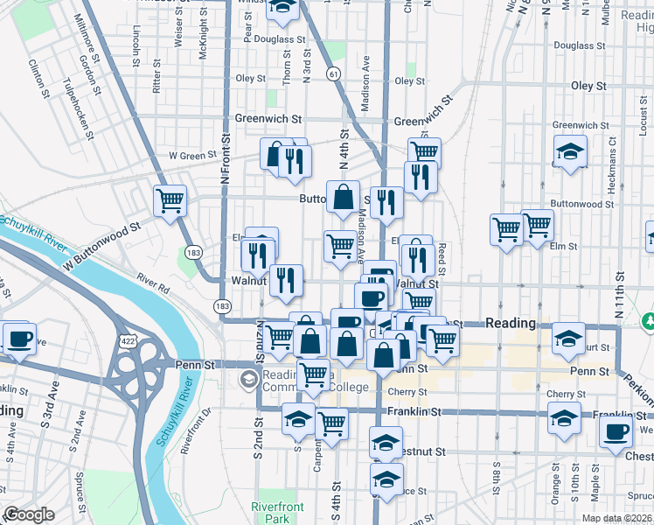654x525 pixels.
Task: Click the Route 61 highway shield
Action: [x=334, y=74]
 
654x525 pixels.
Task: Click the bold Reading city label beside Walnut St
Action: [x=510, y=323]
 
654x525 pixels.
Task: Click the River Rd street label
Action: [x=151, y=279]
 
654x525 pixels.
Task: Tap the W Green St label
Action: [x=191, y=156]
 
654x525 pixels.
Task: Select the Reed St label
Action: [x=442, y=257]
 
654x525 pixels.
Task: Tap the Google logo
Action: [x=30, y=514]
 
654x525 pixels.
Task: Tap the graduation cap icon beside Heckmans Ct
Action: [x=570, y=152]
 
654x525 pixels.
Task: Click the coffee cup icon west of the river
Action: [x=19, y=339]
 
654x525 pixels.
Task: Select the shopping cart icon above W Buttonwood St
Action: [x=170, y=199]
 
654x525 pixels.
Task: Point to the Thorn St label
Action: [x=287, y=66]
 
